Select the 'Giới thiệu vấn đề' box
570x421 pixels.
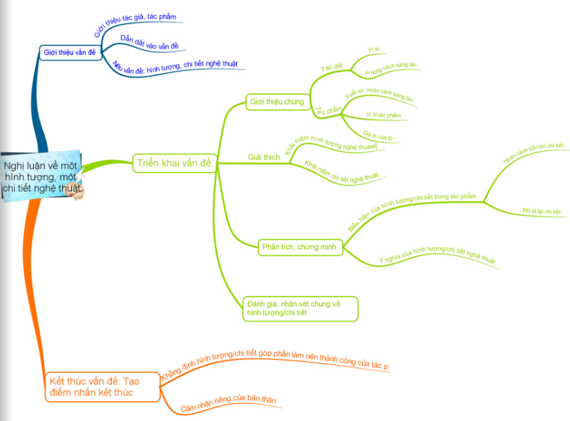click(x=69, y=52)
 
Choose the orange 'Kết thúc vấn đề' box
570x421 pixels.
click(x=102, y=386)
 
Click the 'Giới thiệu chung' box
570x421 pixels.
click(x=276, y=102)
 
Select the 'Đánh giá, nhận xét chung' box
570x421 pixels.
click(x=301, y=308)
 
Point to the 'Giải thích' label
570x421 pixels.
click(x=264, y=157)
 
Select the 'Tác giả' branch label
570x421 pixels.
click(x=332, y=67)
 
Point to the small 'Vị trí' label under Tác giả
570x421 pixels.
click(x=374, y=50)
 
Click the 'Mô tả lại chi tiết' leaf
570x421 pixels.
click(x=542, y=211)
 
